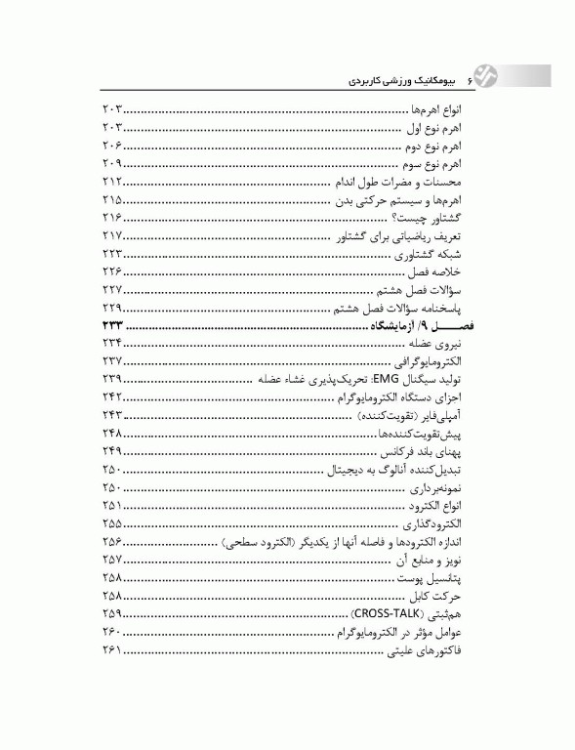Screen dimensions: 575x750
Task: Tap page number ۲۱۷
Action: coord(111,236)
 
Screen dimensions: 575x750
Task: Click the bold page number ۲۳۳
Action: coord(111,325)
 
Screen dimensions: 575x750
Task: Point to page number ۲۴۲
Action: coord(111,396)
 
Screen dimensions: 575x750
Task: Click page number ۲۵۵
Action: coord(111,522)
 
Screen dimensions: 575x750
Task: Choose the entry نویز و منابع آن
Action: coord(440,559)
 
